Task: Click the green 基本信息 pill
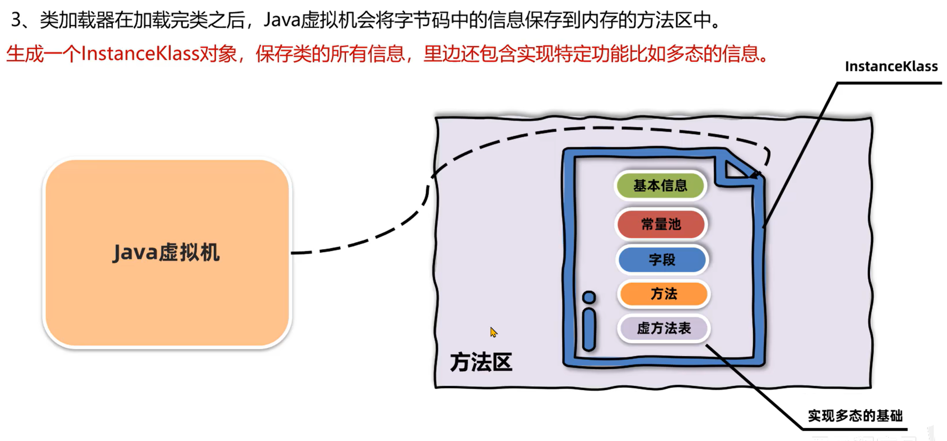click(x=660, y=186)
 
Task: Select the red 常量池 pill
click(x=661, y=224)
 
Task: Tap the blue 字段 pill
click(x=662, y=260)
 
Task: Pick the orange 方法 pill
click(x=663, y=294)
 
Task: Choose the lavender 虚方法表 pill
click(x=663, y=328)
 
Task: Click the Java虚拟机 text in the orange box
click(x=166, y=253)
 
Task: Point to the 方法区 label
click(x=481, y=362)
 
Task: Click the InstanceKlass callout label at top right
click(x=891, y=67)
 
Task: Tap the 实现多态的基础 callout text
click(x=855, y=415)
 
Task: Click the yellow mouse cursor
click(x=493, y=332)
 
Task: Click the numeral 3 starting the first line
click(x=16, y=20)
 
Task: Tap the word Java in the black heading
click(x=282, y=20)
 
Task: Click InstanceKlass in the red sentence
click(x=140, y=54)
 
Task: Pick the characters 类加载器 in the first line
click(x=77, y=20)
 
